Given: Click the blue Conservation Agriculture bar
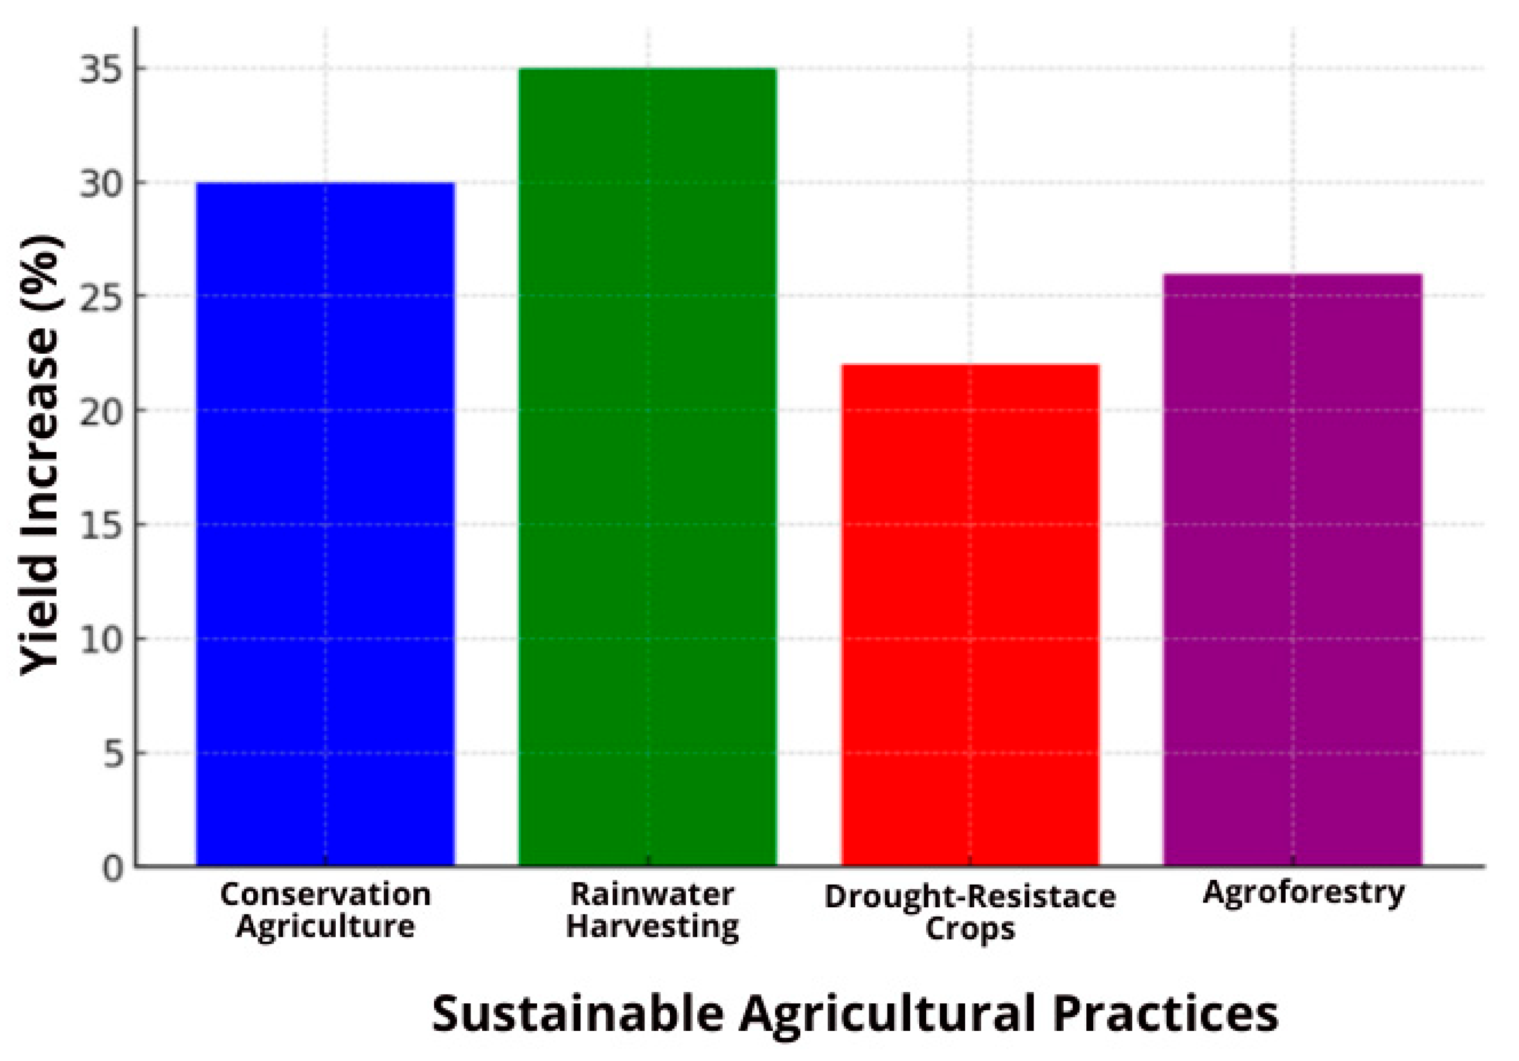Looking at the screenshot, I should [325, 523].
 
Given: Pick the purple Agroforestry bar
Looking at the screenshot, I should [1293, 569].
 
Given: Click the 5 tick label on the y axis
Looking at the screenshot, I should [114, 753].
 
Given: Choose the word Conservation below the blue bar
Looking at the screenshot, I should [325, 895].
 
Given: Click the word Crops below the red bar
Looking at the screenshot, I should [969, 928].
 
